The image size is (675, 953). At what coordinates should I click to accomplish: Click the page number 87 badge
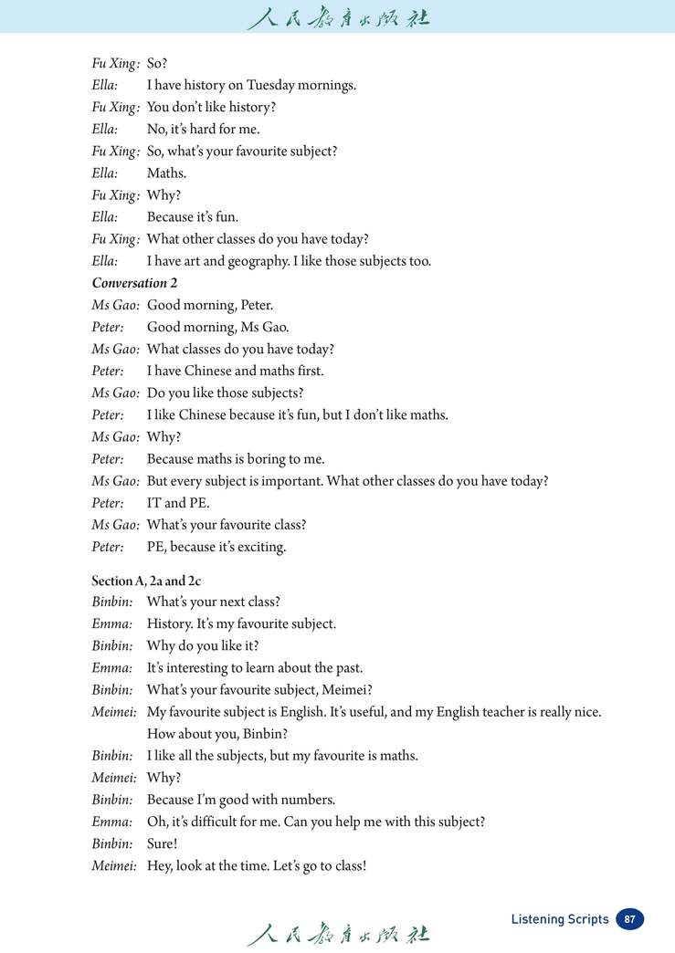tap(629, 919)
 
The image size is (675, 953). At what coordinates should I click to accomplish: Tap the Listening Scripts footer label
tap(559, 919)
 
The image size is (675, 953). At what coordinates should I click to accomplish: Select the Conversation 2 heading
tap(134, 283)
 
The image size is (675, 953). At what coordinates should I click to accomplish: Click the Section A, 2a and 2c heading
tap(146, 581)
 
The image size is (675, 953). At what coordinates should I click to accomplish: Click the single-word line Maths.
tap(166, 173)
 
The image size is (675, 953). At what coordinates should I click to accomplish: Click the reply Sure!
tap(163, 843)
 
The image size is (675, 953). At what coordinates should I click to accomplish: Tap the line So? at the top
tap(157, 64)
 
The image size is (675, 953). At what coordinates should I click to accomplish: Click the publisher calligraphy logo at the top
tap(337, 18)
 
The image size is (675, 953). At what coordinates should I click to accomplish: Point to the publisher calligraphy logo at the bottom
tap(337, 934)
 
